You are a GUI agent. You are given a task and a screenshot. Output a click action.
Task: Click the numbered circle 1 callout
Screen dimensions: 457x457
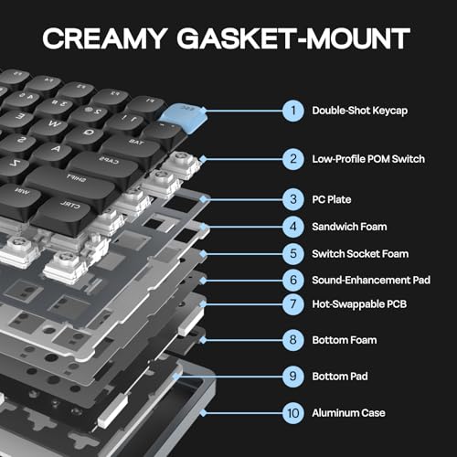pos(293,111)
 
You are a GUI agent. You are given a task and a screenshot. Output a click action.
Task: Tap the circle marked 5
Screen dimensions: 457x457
pos(293,252)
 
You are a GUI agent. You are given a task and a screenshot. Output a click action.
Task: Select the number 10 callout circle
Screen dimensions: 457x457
pos(293,412)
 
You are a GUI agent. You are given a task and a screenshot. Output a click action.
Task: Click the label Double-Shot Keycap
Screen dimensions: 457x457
pos(360,111)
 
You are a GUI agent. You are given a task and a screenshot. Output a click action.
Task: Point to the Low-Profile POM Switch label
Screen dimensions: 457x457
pos(367,159)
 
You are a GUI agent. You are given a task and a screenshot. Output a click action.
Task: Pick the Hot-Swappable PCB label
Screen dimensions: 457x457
pos(361,301)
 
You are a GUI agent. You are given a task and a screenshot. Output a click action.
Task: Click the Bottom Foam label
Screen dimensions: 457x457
pos(345,339)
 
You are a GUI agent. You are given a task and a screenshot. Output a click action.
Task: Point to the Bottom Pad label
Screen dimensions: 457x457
pos(340,374)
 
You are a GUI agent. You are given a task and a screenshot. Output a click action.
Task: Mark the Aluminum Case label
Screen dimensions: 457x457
pos(346,412)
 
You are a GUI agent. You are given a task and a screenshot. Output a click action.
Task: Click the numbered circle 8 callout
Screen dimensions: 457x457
pos(293,339)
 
